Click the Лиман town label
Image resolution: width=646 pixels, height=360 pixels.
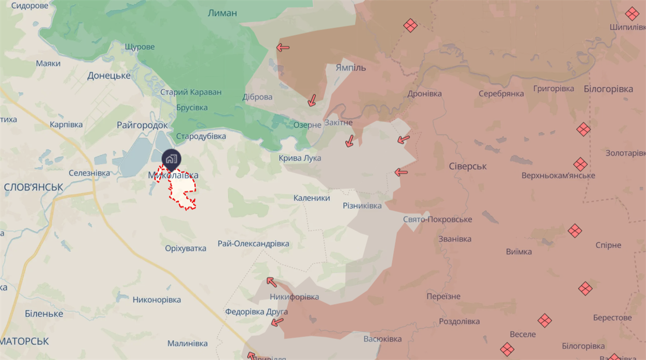[x=222, y=13]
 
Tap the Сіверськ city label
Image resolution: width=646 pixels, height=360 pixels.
[x=468, y=166]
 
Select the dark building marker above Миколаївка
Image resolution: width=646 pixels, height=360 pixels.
[x=171, y=159]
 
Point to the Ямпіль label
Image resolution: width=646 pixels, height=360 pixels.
[x=350, y=68]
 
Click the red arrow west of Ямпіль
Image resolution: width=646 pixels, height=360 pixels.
[x=283, y=48]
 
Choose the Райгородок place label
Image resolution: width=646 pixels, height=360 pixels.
[x=142, y=125]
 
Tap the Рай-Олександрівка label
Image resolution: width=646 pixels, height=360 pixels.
[x=253, y=244]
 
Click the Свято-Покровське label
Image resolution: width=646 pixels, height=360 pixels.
[x=437, y=220]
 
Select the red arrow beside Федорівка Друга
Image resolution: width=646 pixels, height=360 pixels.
[x=278, y=322]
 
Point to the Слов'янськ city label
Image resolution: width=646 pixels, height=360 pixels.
[x=33, y=187]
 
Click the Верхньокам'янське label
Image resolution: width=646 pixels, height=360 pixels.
[x=558, y=176]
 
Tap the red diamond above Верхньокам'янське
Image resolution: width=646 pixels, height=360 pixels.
[x=580, y=165]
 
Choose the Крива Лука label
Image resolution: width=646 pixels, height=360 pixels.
[x=300, y=158]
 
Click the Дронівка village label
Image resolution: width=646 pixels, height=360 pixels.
[x=424, y=94]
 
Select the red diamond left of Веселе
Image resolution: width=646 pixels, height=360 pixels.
[x=545, y=321]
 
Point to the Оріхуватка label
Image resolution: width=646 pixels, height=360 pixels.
[x=186, y=248]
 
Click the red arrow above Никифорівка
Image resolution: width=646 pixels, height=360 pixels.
[x=271, y=281]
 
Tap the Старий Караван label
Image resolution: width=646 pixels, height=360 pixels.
[x=191, y=92]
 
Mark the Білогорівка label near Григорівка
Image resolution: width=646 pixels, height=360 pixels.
[x=608, y=89]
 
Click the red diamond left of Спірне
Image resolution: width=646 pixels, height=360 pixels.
[x=575, y=231]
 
